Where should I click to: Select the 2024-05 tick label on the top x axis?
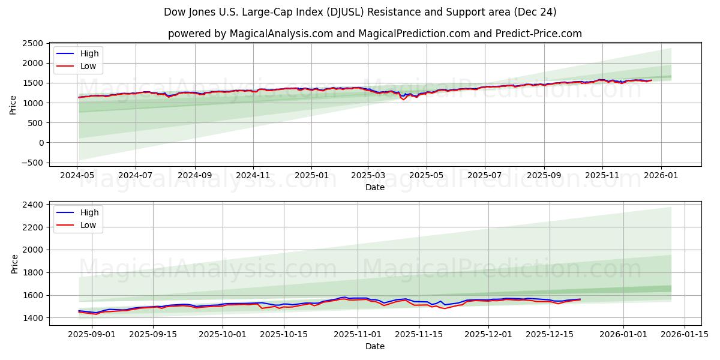click(x=77, y=175)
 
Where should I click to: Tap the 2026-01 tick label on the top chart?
click(x=661, y=175)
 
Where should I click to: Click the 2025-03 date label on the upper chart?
click(x=368, y=175)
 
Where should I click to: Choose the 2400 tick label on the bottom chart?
click(x=31, y=205)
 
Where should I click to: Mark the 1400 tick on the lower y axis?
click(x=31, y=318)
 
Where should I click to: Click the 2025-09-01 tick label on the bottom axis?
click(x=92, y=334)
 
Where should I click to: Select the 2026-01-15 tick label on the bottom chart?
click(x=684, y=334)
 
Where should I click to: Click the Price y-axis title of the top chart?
click(x=13, y=104)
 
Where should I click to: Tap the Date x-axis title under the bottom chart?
click(x=375, y=346)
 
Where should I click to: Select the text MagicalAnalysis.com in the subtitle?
click(x=281, y=34)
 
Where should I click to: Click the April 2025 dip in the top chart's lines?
click(x=403, y=98)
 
